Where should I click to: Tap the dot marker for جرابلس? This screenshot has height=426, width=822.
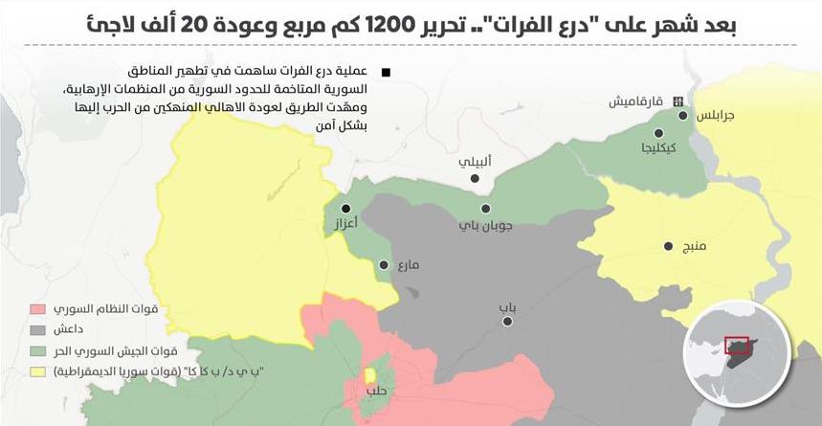coord(683,116)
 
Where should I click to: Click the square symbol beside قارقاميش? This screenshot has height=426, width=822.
coord(678,101)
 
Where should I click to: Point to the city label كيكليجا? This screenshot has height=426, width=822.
coord(660,148)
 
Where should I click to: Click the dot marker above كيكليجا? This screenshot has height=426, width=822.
coord(658,133)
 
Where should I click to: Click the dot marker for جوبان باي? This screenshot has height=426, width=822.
coord(486,208)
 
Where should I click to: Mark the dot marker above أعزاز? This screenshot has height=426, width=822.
coord(345,208)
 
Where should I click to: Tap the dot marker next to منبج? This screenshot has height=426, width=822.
coord(669,247)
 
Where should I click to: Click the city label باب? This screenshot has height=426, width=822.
coord(506,307)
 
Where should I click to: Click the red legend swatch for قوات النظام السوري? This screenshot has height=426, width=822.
coord(37,310)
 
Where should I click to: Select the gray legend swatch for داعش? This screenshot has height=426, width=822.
coord(37,330)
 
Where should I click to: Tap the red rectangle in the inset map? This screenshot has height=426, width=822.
coord(736,346)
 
